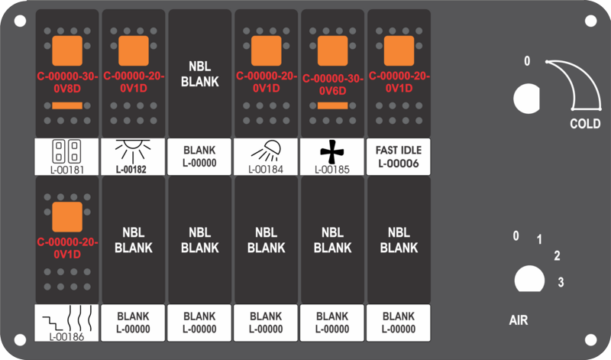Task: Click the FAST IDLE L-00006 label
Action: coord(399,157)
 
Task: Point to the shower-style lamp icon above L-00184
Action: coord(266,151)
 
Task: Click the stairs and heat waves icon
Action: coord(67,318)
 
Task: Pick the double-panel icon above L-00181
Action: coord(66,152)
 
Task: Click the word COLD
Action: coord(585,124)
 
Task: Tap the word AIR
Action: coord(519,320)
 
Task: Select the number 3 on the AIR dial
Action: coord(561,282)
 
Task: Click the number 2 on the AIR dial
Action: coord(557,256)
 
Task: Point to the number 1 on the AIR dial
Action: coord(539,239)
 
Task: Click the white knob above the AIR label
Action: coord(529,279)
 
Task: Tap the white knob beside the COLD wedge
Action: coord(527,99)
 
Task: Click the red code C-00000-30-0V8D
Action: coord(67,83)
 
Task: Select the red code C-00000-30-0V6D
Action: coord(332,85)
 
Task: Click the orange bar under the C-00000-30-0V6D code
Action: coord(332,105)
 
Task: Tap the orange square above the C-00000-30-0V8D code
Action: coord(67,50)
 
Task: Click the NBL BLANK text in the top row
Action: coord(200,74)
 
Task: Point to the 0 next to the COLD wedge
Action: coord(527,61)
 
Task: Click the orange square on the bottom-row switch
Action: coord(67,217)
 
